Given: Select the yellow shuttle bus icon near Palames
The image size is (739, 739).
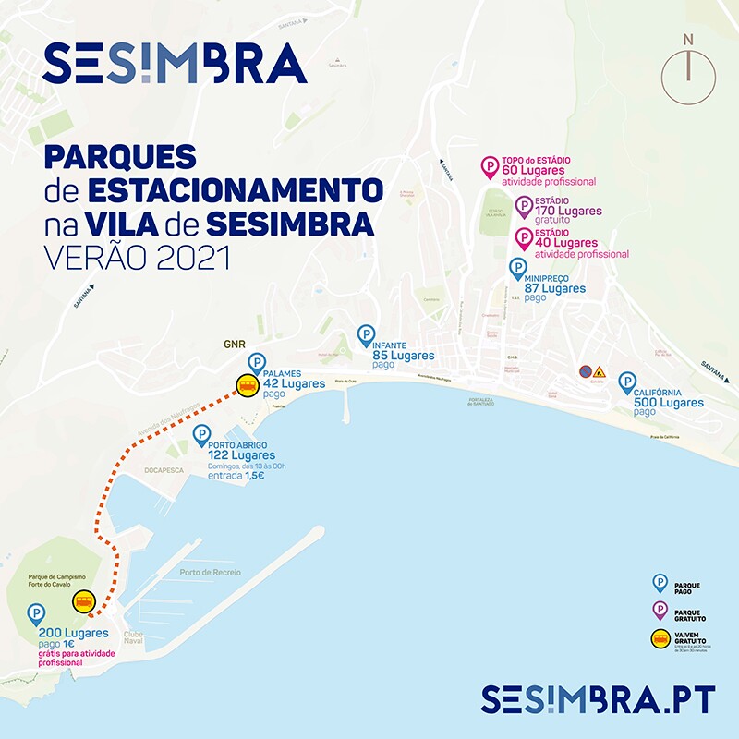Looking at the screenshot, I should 247,386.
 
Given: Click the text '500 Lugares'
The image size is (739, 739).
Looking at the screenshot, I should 669,402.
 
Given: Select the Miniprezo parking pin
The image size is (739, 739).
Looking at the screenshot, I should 518,269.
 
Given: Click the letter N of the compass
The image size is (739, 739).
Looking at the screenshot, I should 687,40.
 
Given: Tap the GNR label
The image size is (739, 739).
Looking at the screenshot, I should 232,344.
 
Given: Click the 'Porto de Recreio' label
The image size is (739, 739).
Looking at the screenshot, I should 210,573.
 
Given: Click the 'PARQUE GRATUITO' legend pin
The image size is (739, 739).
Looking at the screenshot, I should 660,609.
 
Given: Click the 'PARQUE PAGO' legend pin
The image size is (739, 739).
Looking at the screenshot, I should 660,582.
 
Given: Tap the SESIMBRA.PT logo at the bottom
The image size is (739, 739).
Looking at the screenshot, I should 598,699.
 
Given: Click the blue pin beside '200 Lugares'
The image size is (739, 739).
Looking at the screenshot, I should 36,613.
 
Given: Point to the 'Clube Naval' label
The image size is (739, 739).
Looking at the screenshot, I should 132,639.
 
